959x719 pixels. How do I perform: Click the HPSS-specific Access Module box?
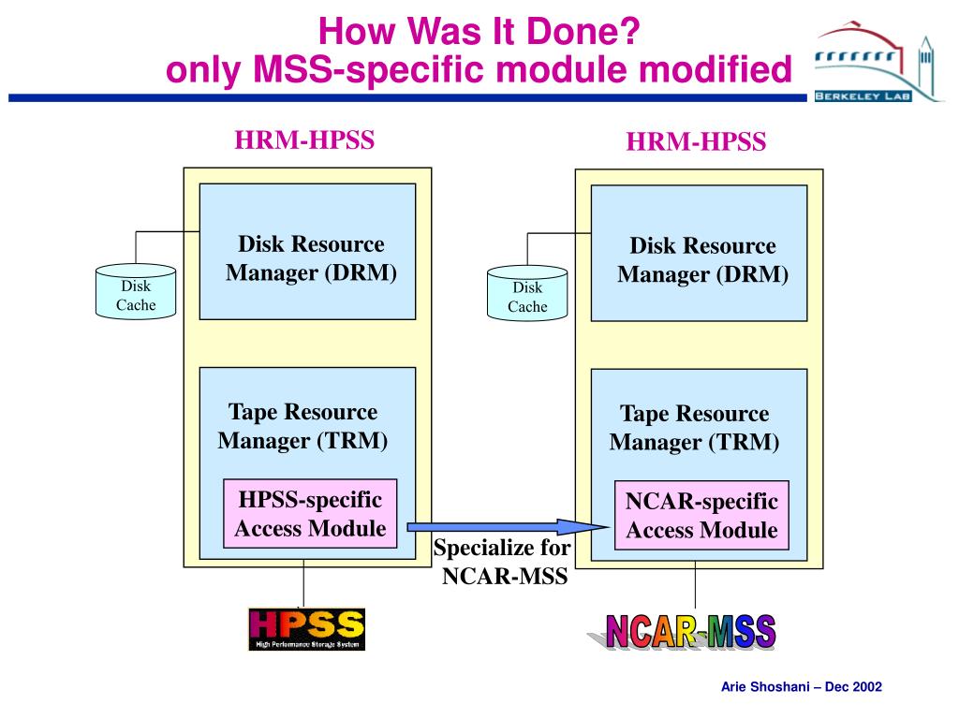click(x=310, y=513)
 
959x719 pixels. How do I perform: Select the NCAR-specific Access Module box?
click(x=701, y=515)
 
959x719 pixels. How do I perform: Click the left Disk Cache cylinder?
click(x=136, y=293)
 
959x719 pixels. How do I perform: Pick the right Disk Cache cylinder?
click(x=527, y=295)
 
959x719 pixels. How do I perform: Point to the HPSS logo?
click(x=306, y=629)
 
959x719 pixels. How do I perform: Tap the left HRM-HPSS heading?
click(x=304, y=140)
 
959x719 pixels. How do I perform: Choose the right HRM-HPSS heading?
click(x=696, y=142)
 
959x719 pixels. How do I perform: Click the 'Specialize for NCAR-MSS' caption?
click(x=503, y=562)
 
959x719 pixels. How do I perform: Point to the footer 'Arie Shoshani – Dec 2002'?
click(x=801, y=687)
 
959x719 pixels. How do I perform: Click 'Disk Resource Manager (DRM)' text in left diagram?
click(x=311, y=258)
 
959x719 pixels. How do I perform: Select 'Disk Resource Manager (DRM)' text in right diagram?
click(x=702, y=260)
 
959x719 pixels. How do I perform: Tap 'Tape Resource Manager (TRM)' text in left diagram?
click(x=303, y=426)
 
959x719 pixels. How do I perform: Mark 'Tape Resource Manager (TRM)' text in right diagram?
click(x=694, y=428)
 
